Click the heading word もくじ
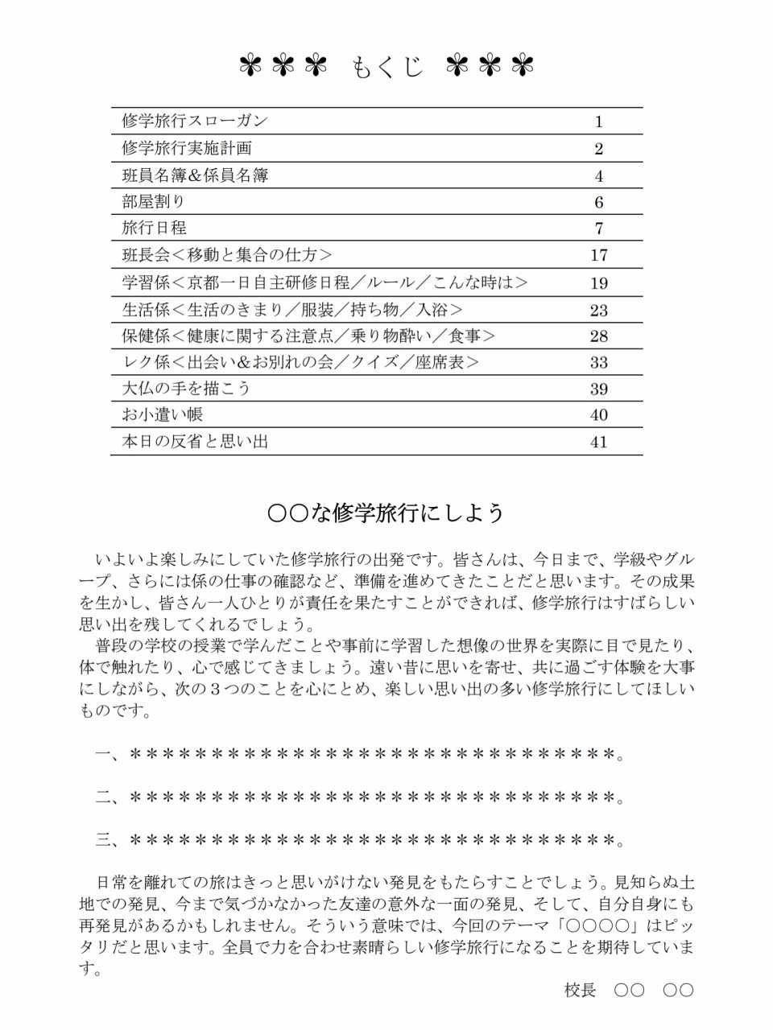(x=387, y=67)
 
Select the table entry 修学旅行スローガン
(x=195, y=121)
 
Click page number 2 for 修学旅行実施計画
(x=598, y=148)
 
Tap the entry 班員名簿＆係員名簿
(x=195, y=175)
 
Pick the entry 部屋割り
(x=154, y=201)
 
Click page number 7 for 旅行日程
(x=598, y=228)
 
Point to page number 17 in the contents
(x=598, y=255)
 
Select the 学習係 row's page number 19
(x=598, y=282)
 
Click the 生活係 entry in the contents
(x=292, y=310)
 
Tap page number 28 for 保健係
(x=598, y=336)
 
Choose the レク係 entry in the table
(x=300, y=362)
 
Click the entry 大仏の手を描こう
(x=186, y=389)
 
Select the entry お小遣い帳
(x=162, y=414)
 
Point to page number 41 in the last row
(x=598, y=442)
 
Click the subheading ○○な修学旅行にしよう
(x=386, y=513)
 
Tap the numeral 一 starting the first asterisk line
(x=104, y=754)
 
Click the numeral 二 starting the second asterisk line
(x=104, y=797)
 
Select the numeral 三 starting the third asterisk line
(x=104, y=841)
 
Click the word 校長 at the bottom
(x=580, y=990)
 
